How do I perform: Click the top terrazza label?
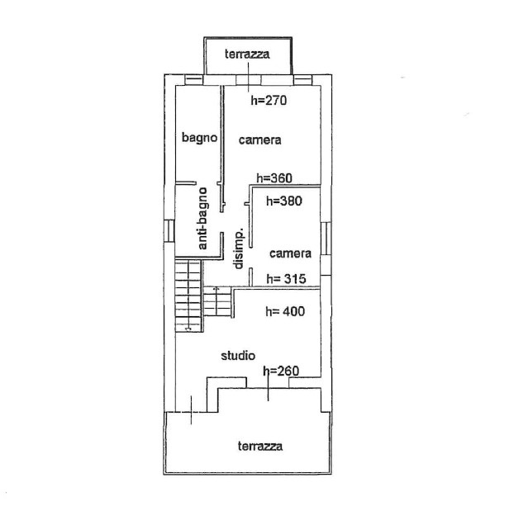tap(247, 54)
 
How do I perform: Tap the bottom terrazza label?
tap(260, 446)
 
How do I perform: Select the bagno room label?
tap(199, 138)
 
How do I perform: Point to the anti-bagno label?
tap(202, 219)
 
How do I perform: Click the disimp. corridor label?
tap(239, 249)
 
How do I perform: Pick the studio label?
tap(238, 356)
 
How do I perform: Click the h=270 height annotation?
tap(269, 100)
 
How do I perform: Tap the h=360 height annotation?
tap(274, 178)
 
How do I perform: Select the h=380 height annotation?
tap(284, 201)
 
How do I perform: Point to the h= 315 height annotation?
tap(286, 279)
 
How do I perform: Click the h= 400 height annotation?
tap(285, 311)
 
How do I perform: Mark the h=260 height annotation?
tap(281, 371)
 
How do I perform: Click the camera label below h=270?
tap(259, 140)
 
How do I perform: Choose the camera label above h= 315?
tap(290, 253)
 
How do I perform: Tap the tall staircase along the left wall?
tap(188, 296)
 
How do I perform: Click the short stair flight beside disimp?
tap(217, 301)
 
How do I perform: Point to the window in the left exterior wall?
tap(169, 231)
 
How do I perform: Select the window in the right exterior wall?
tap(326, 239)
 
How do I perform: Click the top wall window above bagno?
tap(194, 80)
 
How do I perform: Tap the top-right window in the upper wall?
tap(302, 80)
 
